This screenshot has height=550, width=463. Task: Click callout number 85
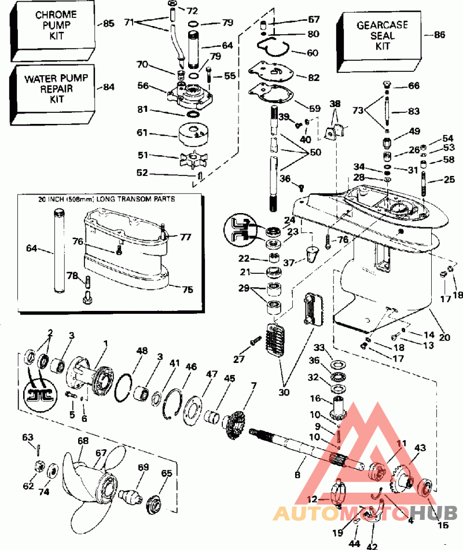[109, 24]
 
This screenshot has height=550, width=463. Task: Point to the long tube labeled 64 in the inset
[57, 250]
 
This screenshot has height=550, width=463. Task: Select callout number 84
[109, 87]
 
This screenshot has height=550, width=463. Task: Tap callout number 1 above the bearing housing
[105, 343]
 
